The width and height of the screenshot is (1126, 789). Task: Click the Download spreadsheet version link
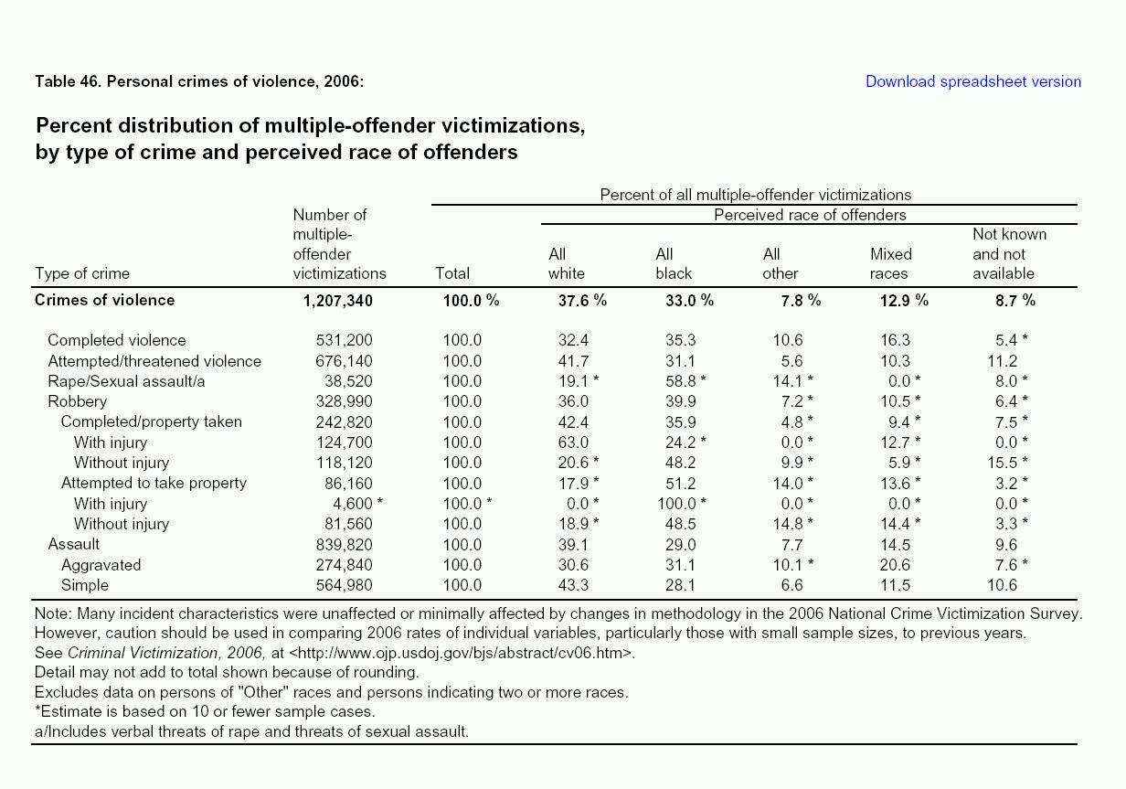pos(973,81)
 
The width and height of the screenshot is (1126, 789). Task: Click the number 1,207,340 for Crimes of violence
pos(338,301)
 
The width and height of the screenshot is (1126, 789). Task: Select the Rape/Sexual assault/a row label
pos(126,381)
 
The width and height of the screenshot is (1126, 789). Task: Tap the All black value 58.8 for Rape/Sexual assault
pos(681,381)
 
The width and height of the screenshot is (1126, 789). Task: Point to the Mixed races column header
pos(891,263)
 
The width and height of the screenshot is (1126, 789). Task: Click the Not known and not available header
pos(1009,253)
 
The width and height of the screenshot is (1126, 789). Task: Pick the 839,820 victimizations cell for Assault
pos(344,545)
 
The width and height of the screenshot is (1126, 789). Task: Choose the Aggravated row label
pos(101,565)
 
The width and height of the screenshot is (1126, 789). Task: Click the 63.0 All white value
pos(573,442)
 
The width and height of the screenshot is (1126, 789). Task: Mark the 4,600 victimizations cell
pos(353,504)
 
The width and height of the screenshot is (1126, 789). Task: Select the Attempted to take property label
pos(154,483)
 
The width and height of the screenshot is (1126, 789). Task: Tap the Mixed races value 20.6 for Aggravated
pos(895,565)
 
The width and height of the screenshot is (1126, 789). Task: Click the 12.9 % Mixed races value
pos(904,301)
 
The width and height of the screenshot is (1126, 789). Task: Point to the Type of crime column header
pos(82,273)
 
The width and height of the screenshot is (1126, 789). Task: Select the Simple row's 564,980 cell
pos(344,585)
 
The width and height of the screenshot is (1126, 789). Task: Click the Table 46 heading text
pos(199,81)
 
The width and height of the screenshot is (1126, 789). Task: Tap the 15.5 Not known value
pos(1003,463)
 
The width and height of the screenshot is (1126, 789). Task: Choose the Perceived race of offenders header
pos(810,215)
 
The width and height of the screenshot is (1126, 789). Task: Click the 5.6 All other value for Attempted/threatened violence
pos(791,361)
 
